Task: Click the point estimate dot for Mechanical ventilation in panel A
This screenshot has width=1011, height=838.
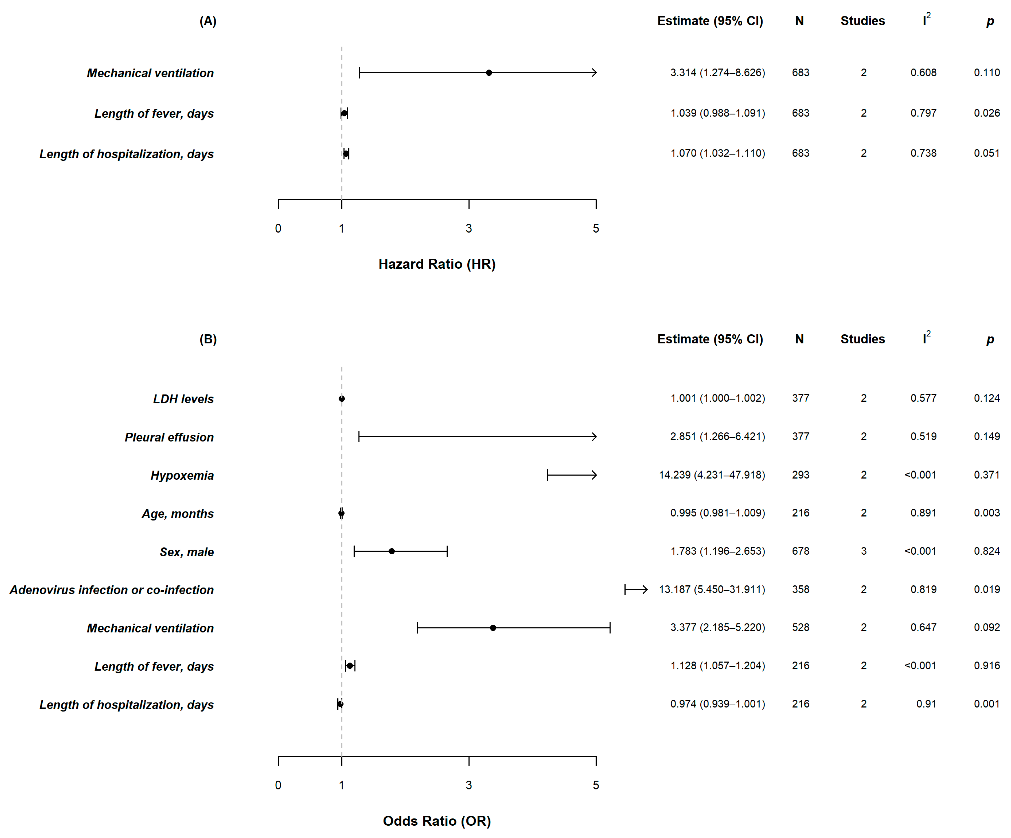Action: click(x=489, y=73)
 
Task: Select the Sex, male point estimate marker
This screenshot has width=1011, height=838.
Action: click(x=391, y=551)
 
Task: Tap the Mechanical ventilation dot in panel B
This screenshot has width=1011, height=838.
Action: click(x=492, y=628)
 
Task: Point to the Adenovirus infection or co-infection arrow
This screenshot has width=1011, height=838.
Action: click(x=637, y=589)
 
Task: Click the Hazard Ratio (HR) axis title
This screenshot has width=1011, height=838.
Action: click(x=437, y=264)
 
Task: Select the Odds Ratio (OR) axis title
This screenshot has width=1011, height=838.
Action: click(x=437, y=821)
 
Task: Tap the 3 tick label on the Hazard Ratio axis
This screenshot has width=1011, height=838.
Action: click(x=468, y=229)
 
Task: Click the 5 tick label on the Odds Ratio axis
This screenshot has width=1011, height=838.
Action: click(x=596, y=785)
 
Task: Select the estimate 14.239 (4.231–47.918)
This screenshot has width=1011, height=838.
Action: click(x=712, y=475)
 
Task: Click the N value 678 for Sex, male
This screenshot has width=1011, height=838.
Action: click(x=800, y=551)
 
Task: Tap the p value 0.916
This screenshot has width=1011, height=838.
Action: click(x=986, y=666)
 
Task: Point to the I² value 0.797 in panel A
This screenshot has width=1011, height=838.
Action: click(x=923, y=113)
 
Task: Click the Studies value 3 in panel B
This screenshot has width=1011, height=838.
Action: click(x=863, y=551)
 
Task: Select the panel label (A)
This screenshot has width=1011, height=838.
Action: click(x=208, y=21)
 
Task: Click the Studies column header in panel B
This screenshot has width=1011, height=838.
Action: click(x=862, y=339)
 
